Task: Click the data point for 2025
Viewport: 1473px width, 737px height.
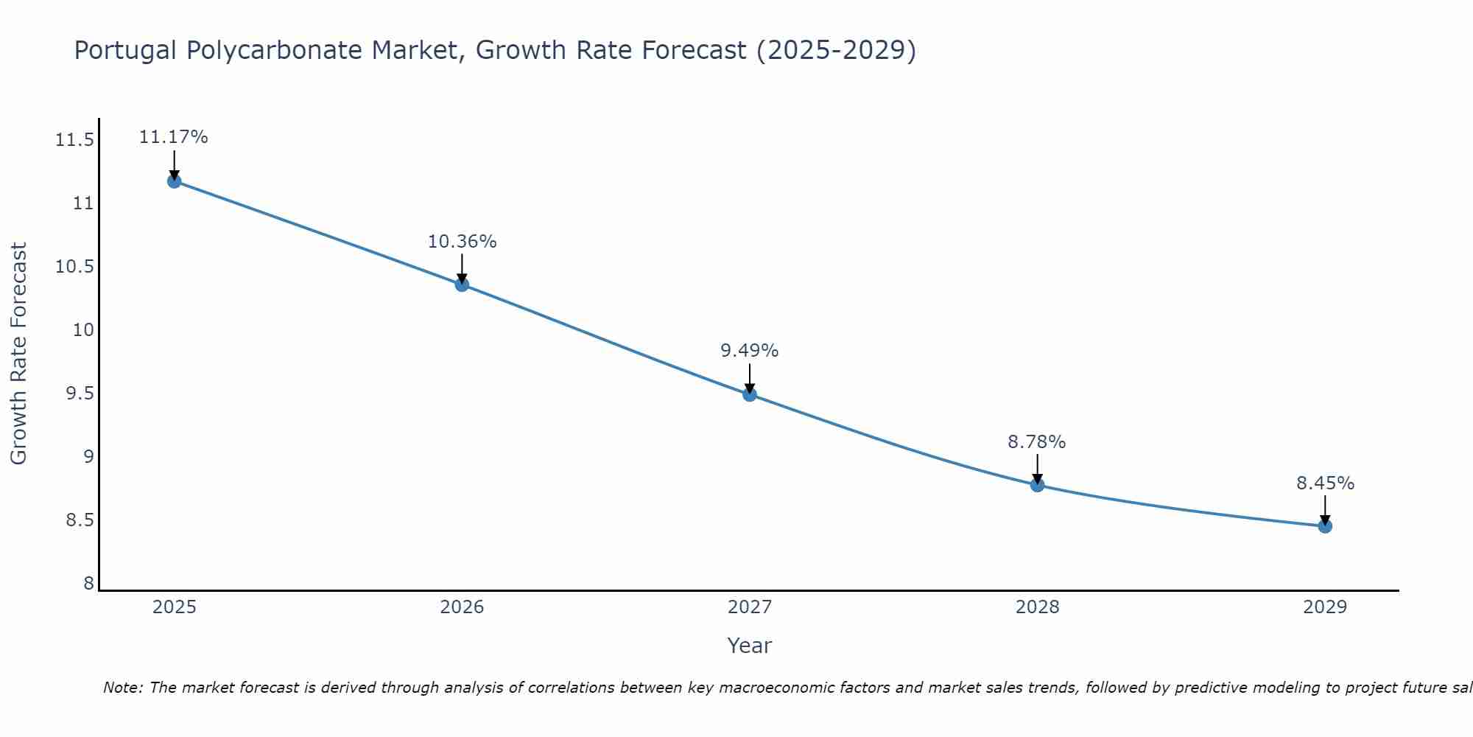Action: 174,181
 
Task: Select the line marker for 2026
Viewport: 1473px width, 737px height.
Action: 462,284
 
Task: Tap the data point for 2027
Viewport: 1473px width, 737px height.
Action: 750,394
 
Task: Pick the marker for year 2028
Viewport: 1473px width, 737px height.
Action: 1037,485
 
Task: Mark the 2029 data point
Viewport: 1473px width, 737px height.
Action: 1325,526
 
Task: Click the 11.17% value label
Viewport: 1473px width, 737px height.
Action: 174,137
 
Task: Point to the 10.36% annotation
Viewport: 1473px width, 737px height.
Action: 462,242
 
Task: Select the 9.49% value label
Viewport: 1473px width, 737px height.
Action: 750,351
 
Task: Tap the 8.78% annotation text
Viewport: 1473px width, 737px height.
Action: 1037,442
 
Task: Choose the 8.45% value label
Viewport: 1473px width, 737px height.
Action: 1325,483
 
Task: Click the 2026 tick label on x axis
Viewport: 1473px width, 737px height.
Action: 462,607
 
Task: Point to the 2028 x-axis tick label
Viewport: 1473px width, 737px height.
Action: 1037,607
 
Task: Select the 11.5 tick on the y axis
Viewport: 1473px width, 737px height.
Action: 75,140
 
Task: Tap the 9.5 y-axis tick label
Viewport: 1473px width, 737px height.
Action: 80,394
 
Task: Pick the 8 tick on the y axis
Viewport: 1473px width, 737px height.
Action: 89,584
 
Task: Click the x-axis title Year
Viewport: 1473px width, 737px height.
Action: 749,646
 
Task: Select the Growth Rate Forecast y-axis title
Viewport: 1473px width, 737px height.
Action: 18,354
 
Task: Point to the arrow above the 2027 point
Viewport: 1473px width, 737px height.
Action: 750,378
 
